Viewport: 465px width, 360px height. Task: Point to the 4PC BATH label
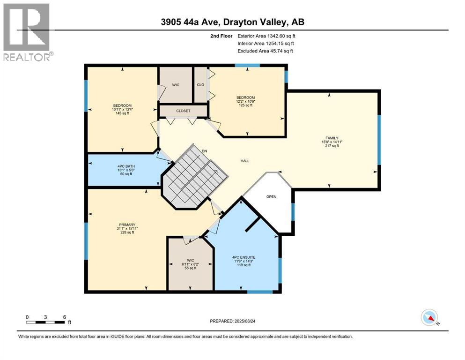pyautogui.click(x=125, y=165)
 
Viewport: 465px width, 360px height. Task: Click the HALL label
pyautogui.click(x=245, y=161)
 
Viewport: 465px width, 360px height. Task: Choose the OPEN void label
pyautogui.click(x=272, y=196)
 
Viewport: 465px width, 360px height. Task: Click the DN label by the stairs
pyautogui.click(x=204, y=151)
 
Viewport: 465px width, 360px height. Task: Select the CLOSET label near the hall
pyautogui.click(x=183, y=111)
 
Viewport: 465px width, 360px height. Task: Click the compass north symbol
pyautogui.click(x=430, y=317)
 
